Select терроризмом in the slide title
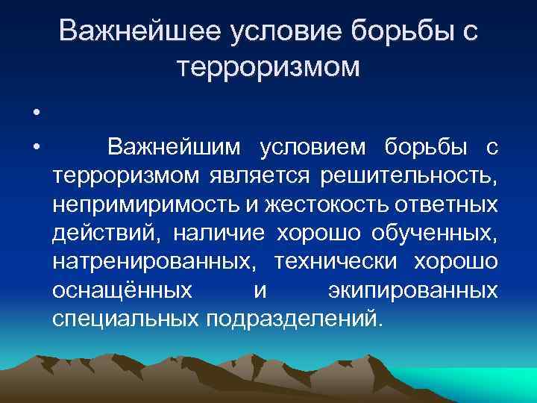tap(269, 68)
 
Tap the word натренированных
tap(154, 262)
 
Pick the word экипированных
tap(412, 290)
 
